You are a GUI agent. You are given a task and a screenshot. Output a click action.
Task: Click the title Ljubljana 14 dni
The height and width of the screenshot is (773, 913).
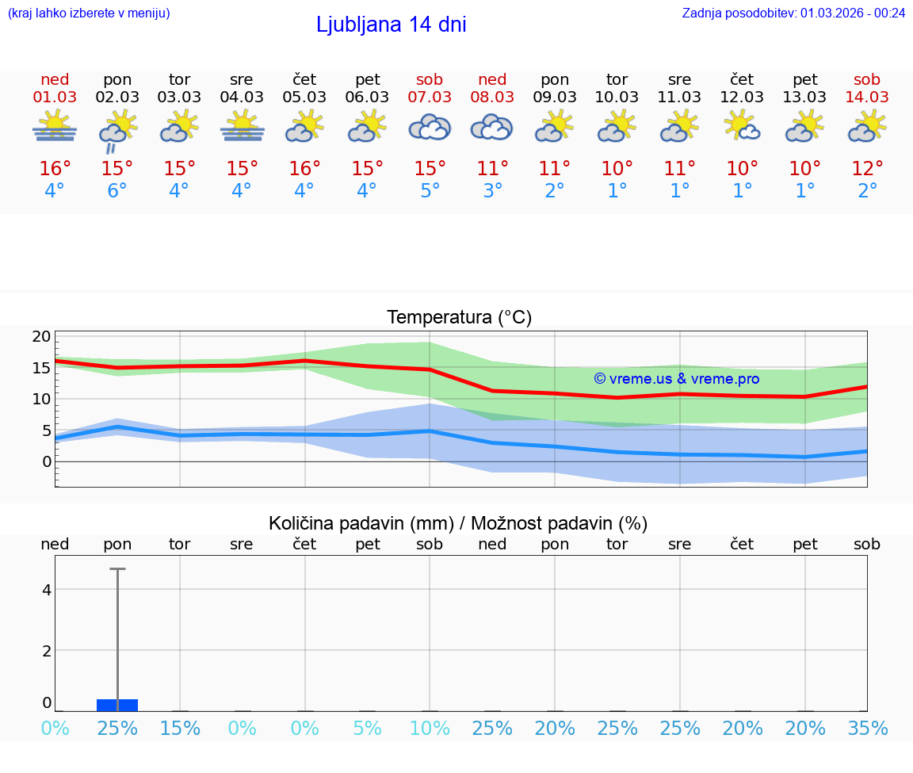coord(391,25)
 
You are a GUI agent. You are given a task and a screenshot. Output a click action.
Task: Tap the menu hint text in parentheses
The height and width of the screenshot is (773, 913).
coord(89,13)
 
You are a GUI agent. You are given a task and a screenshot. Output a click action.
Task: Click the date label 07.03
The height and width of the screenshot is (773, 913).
coord(430,98)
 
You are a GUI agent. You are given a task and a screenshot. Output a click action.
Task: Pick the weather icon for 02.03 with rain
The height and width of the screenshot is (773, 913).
coord(117,131)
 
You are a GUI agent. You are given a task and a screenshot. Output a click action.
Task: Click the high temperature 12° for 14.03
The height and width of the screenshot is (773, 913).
coord(867,169)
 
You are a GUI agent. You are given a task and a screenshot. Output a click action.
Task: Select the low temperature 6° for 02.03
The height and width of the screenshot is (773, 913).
coord(117,191)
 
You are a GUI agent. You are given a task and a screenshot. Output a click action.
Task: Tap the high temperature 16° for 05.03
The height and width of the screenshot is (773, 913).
coord(304,169)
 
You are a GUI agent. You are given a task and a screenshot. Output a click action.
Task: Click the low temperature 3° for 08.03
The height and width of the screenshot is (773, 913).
coord(492,191)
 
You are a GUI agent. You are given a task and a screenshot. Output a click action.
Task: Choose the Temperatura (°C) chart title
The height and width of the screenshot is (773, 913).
coord(459,318)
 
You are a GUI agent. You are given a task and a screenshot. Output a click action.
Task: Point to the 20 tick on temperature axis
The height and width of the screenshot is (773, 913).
coord(41,336)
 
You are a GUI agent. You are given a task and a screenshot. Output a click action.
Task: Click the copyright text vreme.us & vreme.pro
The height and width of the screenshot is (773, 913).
coord(677,379)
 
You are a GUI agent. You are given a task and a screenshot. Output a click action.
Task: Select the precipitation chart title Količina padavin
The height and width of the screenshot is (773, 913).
coord(458,523)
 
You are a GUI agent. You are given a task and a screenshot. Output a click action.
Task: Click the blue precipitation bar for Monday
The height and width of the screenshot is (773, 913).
coord(117,705)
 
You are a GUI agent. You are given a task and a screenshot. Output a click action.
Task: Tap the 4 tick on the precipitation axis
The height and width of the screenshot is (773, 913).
coord(47,589)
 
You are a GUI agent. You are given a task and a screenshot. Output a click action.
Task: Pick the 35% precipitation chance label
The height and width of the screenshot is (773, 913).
coord(867,729)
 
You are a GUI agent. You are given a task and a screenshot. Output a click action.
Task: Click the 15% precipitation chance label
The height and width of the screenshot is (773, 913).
coord(180,729)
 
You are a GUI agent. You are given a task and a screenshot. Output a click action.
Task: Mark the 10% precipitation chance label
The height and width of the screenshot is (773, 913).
coord(430,729)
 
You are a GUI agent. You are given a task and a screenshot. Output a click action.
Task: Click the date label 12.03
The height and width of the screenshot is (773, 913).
coord(742,98)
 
